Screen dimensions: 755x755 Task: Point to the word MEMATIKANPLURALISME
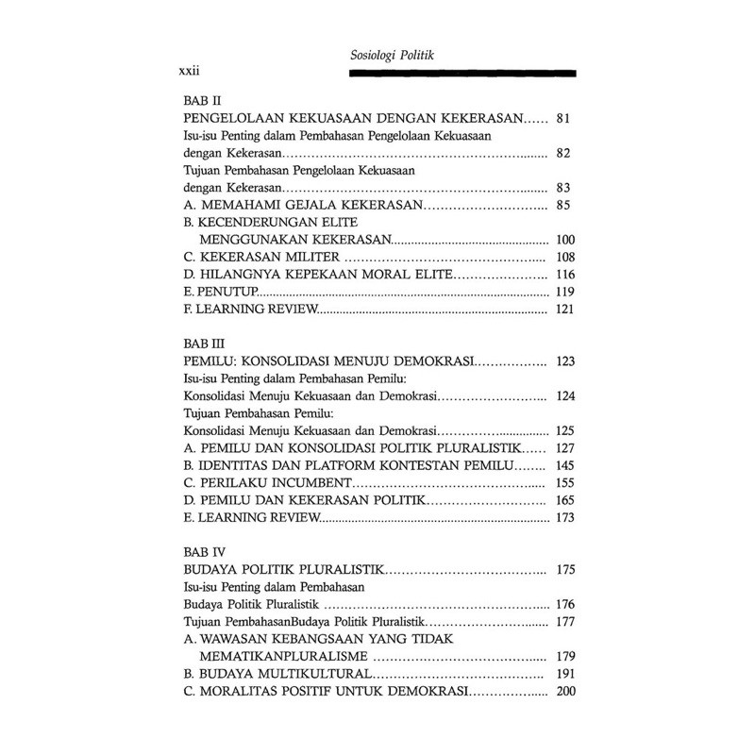click(286, 657)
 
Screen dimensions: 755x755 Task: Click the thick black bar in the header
click(461, 72)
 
